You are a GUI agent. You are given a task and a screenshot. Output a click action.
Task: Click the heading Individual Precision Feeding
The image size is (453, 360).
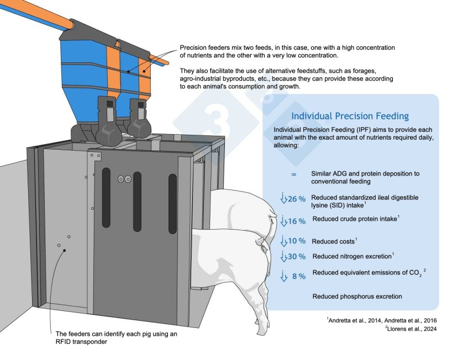350,116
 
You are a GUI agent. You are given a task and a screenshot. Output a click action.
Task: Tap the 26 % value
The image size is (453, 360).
297,199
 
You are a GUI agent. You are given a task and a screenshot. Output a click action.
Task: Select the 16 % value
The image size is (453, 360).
297,221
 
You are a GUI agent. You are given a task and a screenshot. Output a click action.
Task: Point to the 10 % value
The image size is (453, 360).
297,241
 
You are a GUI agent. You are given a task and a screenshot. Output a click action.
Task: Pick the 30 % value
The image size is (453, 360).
297,256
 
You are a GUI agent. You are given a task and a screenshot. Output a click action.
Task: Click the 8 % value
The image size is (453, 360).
299,276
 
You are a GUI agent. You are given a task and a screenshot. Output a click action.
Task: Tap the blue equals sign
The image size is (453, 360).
294,174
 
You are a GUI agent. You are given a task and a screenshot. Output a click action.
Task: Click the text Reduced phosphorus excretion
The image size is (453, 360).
357,297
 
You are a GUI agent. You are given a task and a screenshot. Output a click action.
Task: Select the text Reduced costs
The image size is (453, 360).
333,241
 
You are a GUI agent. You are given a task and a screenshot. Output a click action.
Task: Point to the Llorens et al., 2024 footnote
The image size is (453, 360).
412,329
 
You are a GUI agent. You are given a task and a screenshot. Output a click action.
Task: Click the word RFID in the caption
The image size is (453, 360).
63,342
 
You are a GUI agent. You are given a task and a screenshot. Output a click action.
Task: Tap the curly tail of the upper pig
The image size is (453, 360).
272,217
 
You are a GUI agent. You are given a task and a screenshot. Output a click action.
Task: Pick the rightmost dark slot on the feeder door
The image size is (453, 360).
172,204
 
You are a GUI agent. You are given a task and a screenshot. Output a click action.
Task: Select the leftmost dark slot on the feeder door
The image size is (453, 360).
106,198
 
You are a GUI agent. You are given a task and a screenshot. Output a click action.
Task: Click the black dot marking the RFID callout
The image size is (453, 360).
65,250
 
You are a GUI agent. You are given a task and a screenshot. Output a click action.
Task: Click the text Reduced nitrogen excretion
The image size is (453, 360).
352,256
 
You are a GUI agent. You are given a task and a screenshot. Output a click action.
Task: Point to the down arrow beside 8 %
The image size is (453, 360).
284,276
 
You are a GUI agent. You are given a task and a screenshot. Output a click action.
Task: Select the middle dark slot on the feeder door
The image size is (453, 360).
137,202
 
